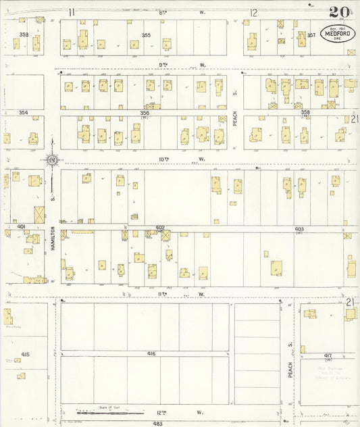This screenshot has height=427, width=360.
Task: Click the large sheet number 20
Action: point(339,13)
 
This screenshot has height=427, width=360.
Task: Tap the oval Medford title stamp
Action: point(336,34)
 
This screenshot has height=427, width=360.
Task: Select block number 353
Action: point(24,34)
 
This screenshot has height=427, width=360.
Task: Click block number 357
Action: point(311,34)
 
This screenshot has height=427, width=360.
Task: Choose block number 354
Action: point(24,113)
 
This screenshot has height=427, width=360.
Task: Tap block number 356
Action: point(145,113)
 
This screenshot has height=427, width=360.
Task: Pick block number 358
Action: point(305,113)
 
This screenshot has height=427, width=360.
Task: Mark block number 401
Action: point(22,226)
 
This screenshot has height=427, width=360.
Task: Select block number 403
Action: point(299,229)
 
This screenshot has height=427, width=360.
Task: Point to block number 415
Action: point(25,354)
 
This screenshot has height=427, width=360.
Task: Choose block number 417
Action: point(328,355)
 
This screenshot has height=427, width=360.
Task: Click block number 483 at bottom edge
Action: point(157,423)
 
